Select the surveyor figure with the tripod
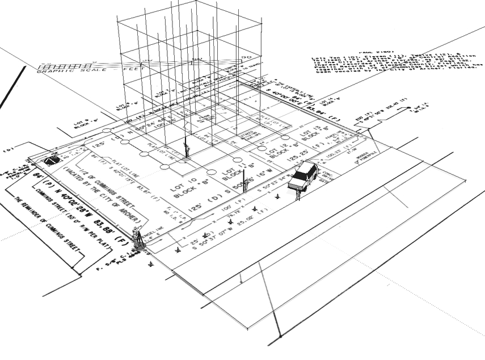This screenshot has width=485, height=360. coord(137,238)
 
